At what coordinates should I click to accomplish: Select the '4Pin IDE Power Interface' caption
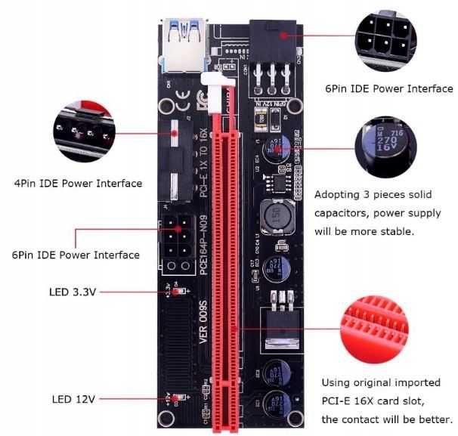(x=77, y=183)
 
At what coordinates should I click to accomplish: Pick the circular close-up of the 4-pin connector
(x=84, y=133)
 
